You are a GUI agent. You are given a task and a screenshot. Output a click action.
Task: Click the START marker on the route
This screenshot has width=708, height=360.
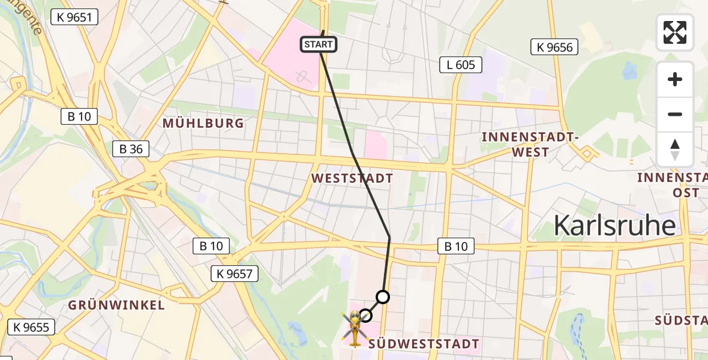pyautogui.click(x=318, y=44)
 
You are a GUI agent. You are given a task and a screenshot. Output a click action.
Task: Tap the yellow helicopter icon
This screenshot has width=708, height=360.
pyautogui.click(x=354, y=328)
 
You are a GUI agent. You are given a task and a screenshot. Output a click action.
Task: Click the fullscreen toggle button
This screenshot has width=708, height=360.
pyautogui.click(x=675, y=32)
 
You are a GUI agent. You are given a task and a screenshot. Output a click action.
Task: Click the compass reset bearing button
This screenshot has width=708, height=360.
pyautogui.click(x=675, y=149)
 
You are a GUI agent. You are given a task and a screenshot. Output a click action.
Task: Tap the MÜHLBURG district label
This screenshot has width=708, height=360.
pyautogui.click(x=204, y=124)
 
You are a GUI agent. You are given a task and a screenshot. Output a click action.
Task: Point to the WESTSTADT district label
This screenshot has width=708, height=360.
pyautogui.click(x=352, y=178)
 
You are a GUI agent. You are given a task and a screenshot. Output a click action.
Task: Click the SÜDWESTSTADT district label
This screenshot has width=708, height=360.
pyautogui.click(x=424, y=344)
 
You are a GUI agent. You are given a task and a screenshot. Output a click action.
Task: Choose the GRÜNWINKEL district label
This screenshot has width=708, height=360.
pyautogui.click(x=116, y=305)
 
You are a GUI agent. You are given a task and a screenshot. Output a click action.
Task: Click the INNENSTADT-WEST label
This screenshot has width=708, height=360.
pyautogui.click(x=530, y=145)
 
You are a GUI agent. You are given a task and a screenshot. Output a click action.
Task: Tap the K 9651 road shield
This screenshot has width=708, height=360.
pyautogui.click(x=74, y=17)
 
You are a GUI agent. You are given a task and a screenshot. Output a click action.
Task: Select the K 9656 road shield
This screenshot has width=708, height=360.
pyautogui.click(x=554, y=47)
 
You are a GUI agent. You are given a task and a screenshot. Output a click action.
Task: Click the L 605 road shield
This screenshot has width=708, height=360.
pyautogui.click(x=461, y=64)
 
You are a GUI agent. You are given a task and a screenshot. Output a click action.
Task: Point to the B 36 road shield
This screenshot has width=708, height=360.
pyautogui.click(x=131, y=148)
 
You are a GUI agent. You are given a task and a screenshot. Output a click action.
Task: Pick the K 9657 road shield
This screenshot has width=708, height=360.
pyautogui.click(x=235, y=274)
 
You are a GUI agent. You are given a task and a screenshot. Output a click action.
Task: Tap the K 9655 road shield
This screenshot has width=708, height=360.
pyautogui.click(x=31, y=327)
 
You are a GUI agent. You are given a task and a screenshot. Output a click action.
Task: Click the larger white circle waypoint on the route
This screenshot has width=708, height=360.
pyautogui.click(x=382, y=296)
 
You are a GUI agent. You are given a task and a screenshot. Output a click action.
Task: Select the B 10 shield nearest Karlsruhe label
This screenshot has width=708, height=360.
pyautogui.click(x=456, y=245)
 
